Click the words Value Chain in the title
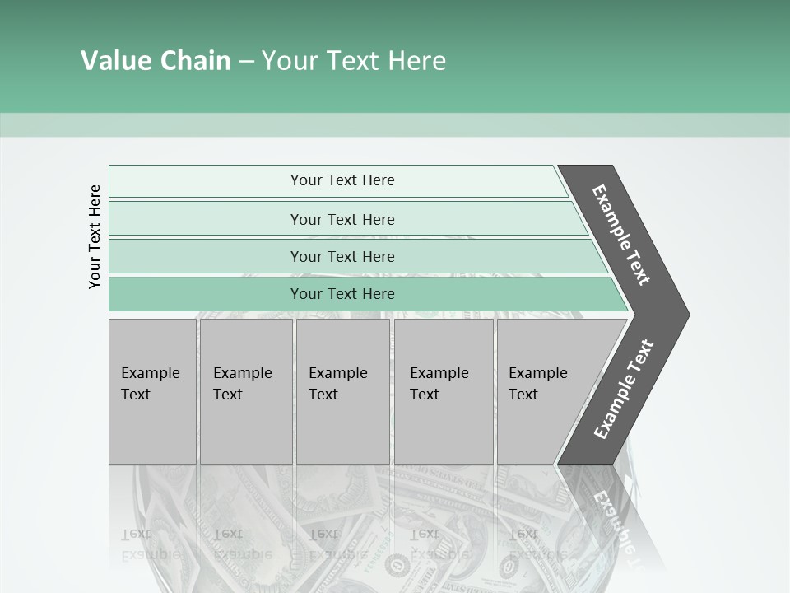[x=156, y=61]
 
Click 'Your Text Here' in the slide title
[x=354, y=61]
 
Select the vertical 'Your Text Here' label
[x=95, y=236]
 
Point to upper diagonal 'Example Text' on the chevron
[x=621, y=235]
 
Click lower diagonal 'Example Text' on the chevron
[x=624, y=390]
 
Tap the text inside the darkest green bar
[x=342, y=294]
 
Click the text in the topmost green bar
[x=342, y=180]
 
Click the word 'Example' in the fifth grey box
[x=538, y=373]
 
